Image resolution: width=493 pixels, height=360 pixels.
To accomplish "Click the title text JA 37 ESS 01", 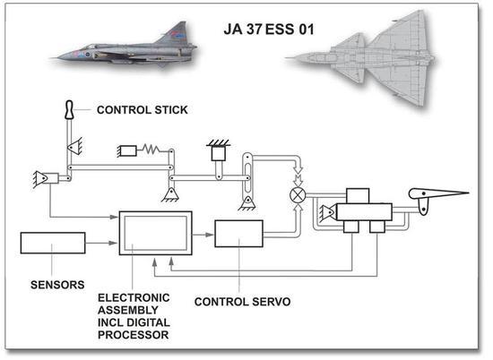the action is pyautogui.click(x=269, y=30).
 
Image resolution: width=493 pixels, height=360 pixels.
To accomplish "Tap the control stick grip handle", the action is pyautogui.click(x=69, y=110).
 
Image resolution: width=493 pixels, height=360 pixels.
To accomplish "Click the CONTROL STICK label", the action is pyautogui.click(x=143, y=110).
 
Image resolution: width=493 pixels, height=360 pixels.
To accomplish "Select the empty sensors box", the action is pyautogui.click(x=53, y=243).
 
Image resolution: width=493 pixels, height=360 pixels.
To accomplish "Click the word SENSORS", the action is pyautogui.click(x=57, y=285).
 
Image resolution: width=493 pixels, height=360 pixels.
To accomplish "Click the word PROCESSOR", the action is pyautogui.click(x=133, y=335).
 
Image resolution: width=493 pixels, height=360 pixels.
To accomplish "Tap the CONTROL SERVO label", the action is pyautogui.click(x=242, y=302).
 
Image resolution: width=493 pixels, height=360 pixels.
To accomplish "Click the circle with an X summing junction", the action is pyautogui.click(x=298, y=195).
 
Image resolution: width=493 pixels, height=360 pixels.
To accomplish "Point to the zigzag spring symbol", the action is pyautogui.click(x=151, y=149).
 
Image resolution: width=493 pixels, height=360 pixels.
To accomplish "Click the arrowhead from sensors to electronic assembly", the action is pyautogui.click(x=113, y=243).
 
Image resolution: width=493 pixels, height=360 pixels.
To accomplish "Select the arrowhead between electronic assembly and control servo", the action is pyautogui.click(x=210, y=235).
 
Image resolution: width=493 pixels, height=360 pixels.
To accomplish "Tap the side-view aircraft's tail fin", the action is pyautogui.click(x=176, y=34).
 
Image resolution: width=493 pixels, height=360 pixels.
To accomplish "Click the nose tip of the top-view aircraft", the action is pyautogui.click(x=285, y=58).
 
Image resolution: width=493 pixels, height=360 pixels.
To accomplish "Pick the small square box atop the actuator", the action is pyautogui.click(x=358, y=196).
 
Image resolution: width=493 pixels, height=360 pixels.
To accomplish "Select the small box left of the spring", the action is pyautogui.click(x=127, y=150).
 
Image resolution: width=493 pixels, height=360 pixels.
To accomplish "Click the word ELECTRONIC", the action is pyautogui.click(x=134, y=298).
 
